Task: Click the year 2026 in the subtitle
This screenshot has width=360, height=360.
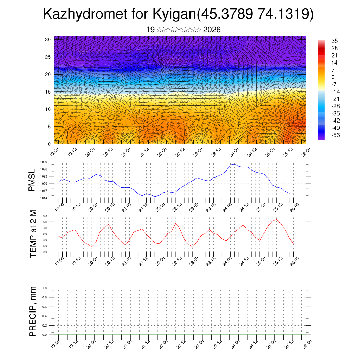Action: pyautogui.click(x=212, y=30)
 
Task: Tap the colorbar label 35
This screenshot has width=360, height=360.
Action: pyautogui.click(x=334, y=41)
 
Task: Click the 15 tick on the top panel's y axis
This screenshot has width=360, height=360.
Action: pyautogui.click(x=48, y=92)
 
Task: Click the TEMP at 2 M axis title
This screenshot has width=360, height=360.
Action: pyautogui.click(x=33, y=233)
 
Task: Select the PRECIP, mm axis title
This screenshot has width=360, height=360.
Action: pyautogui.click(x=33, y=311)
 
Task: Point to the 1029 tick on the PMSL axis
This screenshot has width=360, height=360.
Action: pyautogui.click(x=44, y=162)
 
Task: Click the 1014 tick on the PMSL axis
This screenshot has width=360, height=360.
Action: pyautogui.click(x=44, y=198)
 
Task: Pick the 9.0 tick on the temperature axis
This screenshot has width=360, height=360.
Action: pyautogui.click(x=45, y=216)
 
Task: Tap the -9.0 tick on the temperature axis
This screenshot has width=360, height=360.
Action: pyautogui.click(x=44, y=252)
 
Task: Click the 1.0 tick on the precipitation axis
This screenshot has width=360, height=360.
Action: pyautogui.click(x=45, y=288)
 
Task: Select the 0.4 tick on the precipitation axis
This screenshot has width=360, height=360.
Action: pyautogui.click(x=45, y=316)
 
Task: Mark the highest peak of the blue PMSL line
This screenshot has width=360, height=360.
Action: pyautogui.click(x=234, y=164)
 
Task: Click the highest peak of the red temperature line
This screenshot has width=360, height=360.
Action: pyautogui.click(x=277, y=220)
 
